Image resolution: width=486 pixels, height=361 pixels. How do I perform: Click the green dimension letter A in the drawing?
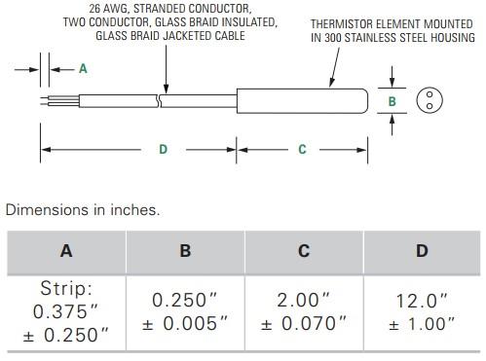tap(83, 69)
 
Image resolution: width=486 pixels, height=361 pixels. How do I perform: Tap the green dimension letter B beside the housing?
tap(393, 101)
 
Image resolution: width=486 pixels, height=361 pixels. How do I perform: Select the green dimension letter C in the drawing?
tap(302, 149)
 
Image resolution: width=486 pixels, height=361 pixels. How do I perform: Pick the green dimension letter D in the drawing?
tap(163, 149)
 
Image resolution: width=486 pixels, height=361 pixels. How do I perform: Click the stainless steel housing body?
tap(302, 101)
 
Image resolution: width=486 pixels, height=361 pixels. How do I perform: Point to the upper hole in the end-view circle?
tap(430, 94)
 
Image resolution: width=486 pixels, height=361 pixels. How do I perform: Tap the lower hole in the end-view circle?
tap(430, 106)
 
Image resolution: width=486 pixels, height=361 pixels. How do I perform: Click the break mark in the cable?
tap(159, 101)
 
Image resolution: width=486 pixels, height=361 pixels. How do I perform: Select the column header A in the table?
tap(66, 251)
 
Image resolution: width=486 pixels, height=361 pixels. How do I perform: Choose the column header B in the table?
tap(185, 251)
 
